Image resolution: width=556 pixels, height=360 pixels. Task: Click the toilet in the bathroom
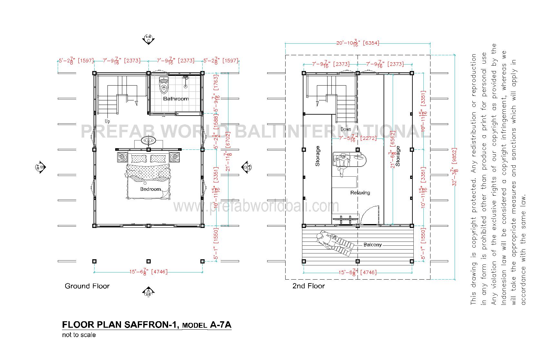[164, 85]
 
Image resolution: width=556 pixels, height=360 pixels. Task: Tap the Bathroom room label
[176, 99]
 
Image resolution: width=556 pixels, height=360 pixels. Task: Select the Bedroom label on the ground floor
[150, 189]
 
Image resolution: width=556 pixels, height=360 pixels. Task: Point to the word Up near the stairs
[107, 121]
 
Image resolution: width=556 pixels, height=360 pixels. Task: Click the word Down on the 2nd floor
[346, 129]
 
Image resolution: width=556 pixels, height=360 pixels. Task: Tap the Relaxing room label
[360, 193]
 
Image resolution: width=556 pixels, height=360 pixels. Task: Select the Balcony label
[372, 245]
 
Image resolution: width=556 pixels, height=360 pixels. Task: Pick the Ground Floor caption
[87, 286]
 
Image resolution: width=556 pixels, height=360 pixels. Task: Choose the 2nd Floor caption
[308, 286]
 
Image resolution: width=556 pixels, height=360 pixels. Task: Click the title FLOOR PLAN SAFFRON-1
[120, 324]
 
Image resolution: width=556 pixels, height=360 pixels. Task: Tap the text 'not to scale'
[79, 335]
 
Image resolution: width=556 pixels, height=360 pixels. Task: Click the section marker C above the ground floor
[148, 40]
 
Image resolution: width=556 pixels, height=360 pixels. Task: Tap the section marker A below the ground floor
[148, 291]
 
